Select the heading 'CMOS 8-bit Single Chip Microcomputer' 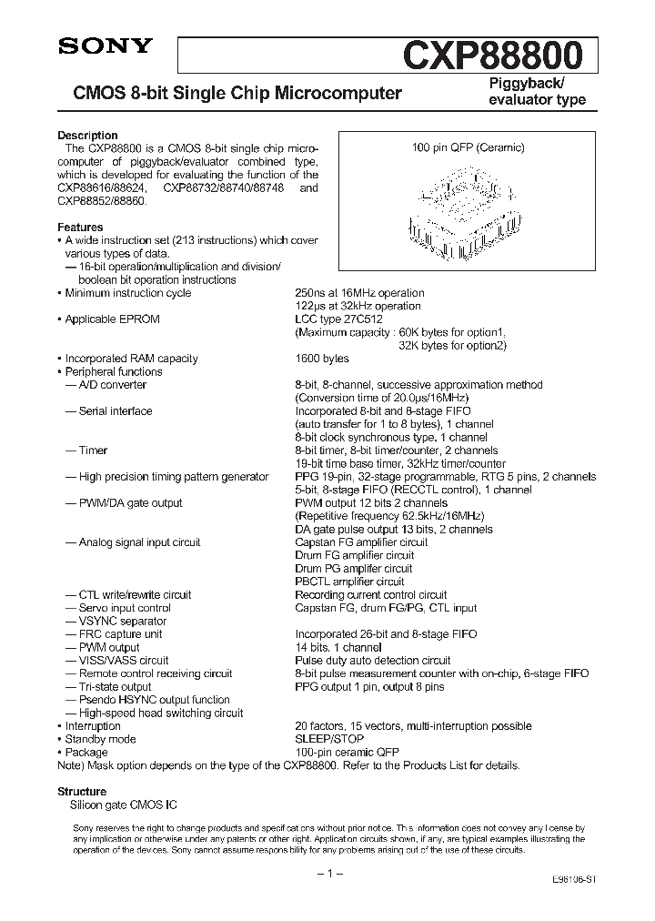click(x=231, y=93)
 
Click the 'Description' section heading click(x=87, y=136)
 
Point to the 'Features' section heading click(x=80, y=228)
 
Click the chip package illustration click(x=464, y=207)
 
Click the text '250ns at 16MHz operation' click(x=359, y=293)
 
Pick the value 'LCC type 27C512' click(x=338, y=319)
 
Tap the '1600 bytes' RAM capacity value click(x=322, y=359)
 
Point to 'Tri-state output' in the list click(x=115, y=687)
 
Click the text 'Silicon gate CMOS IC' click(x=124, y=806)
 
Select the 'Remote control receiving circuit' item click(x=155, y=673)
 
